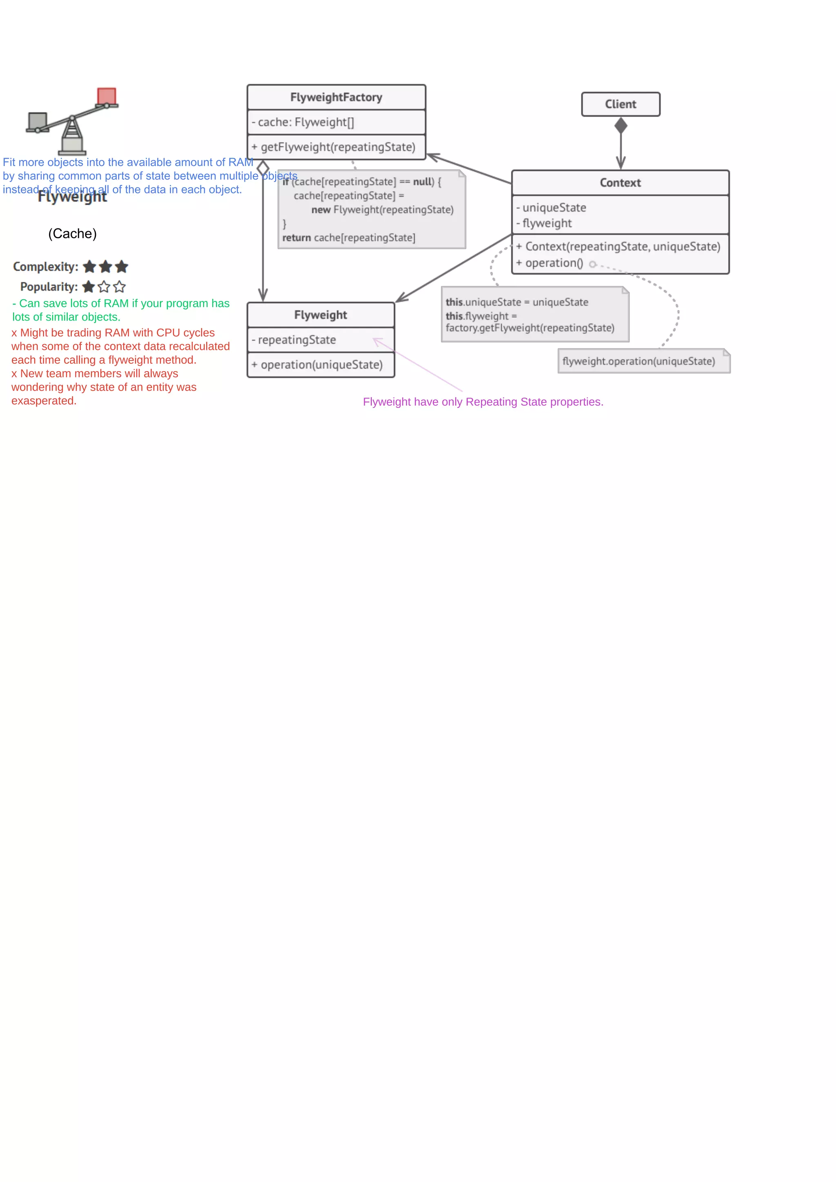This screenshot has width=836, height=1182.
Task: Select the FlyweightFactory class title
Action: click(x=336, y=97)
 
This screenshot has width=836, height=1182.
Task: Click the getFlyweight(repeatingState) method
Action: click(x=338, y=147)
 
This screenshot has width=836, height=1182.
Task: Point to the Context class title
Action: click(x=620, y=183)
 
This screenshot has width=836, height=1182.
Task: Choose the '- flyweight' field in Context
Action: click(x=547, y=224)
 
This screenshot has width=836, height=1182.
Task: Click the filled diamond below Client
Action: click(x=621, y=126)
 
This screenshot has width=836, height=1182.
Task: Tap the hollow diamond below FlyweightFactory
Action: click(x=263, y=168)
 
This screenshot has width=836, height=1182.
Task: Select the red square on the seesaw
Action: click(x=107, y=96)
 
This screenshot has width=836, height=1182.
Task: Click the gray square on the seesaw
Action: click(x=38, y=121)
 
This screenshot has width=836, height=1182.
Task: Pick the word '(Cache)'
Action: click(x=72, y=234)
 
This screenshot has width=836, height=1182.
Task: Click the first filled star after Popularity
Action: click(x=89, y=287)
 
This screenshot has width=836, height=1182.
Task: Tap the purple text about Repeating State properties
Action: click(x=482, y=402)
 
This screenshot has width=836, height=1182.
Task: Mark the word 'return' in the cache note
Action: click(x=296, y=238)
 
